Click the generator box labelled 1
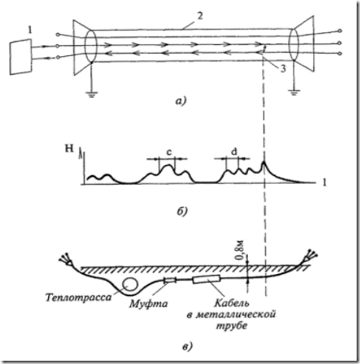(x=21, y=57)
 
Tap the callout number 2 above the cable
(x=200, y=16)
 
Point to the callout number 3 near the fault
(x=283, y=69)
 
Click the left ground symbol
(x=92, y=94)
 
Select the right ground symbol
(x=294, y=92)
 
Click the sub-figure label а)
(x=181, y=101)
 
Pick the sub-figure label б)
(x=182, y=211)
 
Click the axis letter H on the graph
(x=69, y=148)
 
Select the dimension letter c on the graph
(x=169, y=152)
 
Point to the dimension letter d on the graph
(x=234, y=152)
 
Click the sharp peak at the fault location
(x=264, y=161)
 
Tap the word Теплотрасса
(x=78, y=298)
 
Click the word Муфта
(x=148, y=304)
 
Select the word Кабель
(x=231, y=303)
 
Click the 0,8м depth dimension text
(x=240, y=250)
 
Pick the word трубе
(x=231, y=326)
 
